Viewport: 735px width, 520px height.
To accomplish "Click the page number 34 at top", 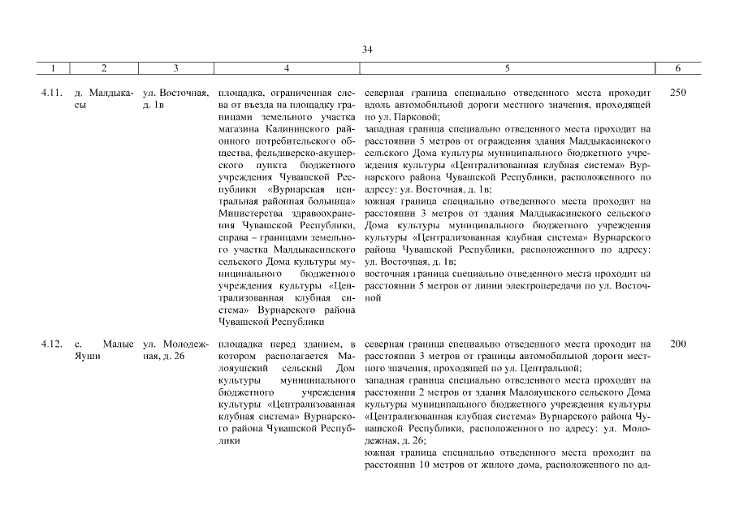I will [367, 50].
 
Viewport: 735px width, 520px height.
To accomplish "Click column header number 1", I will [52, 69].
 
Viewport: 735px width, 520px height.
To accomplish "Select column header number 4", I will [287, 69].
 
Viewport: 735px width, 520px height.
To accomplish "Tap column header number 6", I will [678, 69].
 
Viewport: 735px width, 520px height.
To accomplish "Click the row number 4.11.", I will [51, 93].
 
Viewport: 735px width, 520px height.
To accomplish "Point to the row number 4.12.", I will [51, 344].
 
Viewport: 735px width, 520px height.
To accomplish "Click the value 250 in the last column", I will [678, 93].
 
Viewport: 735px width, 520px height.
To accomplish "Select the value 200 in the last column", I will [678, 344].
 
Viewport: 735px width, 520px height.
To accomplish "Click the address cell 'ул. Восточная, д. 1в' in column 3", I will [176, 98].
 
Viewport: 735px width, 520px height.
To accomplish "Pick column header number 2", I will [104, 69].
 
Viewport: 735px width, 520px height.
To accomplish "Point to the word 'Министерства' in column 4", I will [249, 212].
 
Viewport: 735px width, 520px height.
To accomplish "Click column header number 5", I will [508, 69].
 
